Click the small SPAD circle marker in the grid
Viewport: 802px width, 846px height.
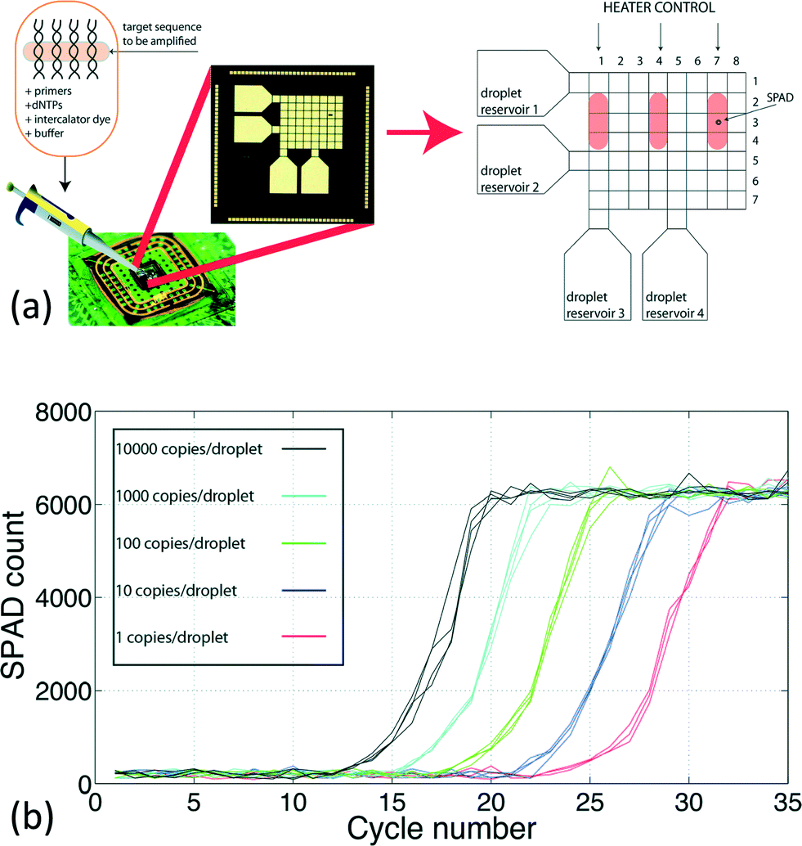click(719, 122)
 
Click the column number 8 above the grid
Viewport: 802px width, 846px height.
click(736, 61)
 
